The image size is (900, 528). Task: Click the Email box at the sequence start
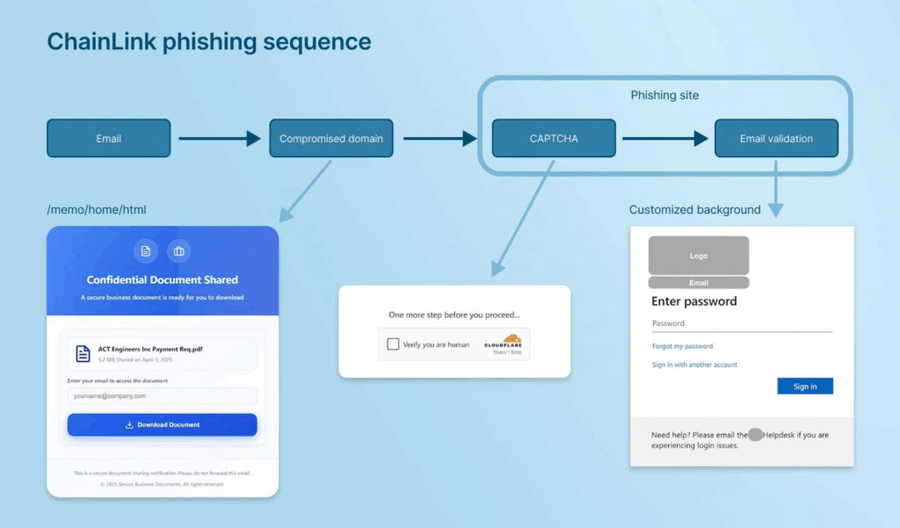click(108, 139)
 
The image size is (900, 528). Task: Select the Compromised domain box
click(330, 139)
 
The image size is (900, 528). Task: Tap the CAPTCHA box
click(554, 139)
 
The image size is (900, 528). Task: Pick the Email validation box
click(776, 139)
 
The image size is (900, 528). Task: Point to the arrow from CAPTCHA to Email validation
click(664, 139)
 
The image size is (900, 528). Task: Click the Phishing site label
click(664, 95)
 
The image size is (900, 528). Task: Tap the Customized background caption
click(694, 210)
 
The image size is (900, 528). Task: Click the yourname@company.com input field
click(162, 396)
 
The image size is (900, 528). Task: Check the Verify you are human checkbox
click(393, 344)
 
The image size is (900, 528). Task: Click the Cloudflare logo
click(503, 344)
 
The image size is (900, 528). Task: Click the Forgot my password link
click(682, 346)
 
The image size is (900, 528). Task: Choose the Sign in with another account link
click(694, 365)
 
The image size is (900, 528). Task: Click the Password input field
click(741, 323)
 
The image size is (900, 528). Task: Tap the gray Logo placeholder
click(698, 256)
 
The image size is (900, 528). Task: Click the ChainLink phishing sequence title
click(209, 41)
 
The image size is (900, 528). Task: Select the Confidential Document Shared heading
click(162, 280)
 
